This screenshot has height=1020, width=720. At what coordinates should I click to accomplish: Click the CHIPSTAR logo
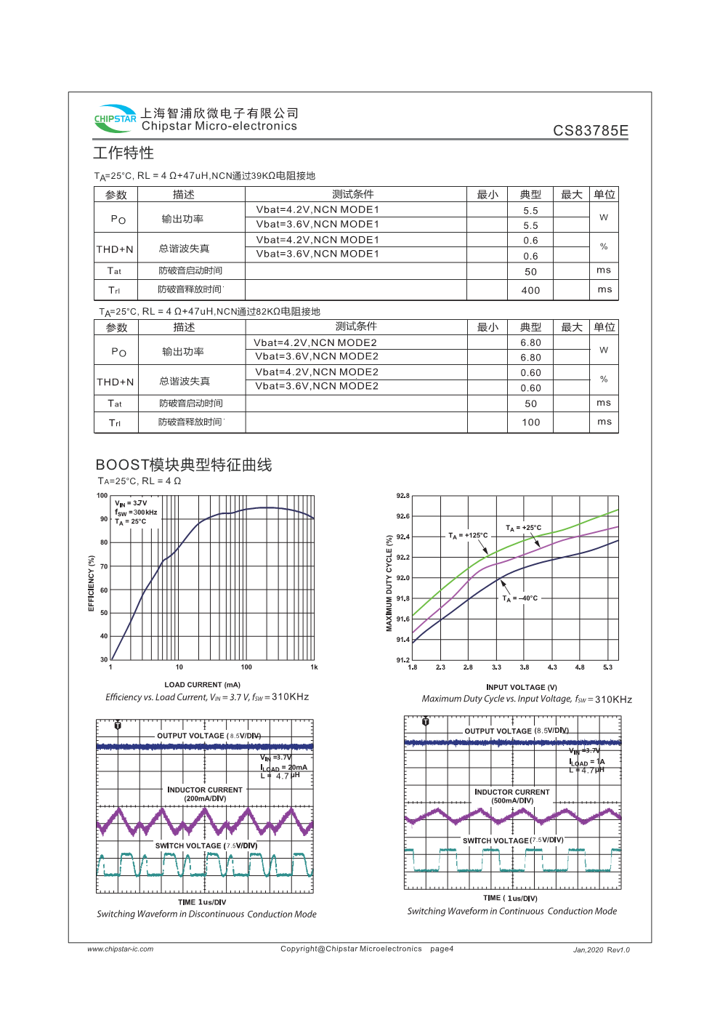[115, 119]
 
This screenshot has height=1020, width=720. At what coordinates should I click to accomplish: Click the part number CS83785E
[590, 131]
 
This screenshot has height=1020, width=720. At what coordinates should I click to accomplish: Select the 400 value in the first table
[530, 290]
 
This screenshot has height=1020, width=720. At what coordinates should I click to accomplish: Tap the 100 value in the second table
[530, 422]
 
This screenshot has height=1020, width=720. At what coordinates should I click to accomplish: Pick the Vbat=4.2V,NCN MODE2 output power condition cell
[315, 342]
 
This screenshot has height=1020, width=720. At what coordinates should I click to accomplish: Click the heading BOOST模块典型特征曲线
[184, 465]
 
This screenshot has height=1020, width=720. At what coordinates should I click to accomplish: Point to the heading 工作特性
[124, 153]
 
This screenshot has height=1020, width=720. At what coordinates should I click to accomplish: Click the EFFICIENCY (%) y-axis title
[92, 583]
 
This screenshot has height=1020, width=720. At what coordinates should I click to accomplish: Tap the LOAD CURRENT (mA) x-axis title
[202, 685]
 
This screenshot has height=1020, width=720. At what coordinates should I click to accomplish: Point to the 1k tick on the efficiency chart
[314, 667]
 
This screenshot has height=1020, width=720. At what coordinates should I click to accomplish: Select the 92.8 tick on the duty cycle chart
[403, 496]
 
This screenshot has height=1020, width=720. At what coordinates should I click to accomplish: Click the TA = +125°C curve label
[468, 536]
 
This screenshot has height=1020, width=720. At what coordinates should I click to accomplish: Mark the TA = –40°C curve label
[520, 598]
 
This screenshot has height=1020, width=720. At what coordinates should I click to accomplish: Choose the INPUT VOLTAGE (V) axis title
[521, 687]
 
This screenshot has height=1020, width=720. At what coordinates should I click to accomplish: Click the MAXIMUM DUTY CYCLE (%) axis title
[389, 583]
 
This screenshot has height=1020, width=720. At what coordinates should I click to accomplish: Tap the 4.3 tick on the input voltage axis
[552, 667]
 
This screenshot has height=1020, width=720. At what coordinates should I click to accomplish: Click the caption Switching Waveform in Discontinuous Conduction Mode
[206, 915]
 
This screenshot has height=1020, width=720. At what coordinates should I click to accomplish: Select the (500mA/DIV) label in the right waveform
[512, 800]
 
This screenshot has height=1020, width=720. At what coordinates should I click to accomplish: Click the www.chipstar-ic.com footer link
[121, 949]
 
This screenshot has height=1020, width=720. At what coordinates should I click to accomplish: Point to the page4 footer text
[442, 949]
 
